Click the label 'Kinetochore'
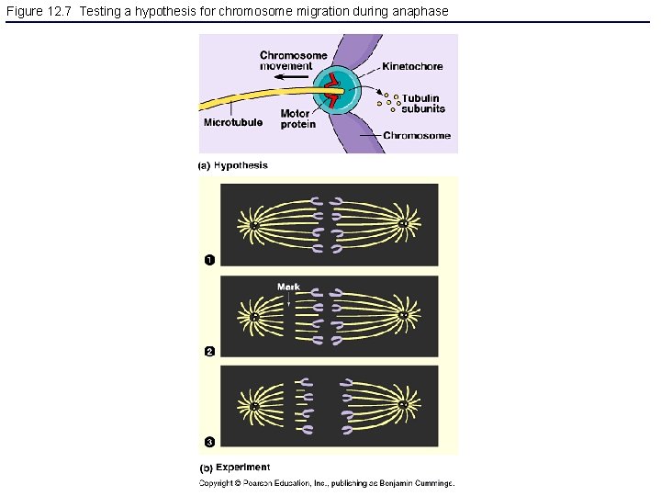click(412, 66)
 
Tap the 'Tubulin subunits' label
click(421, 103)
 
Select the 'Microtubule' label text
click(232, 122)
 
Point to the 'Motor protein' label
click(298, 119)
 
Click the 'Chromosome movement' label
click(293, 61)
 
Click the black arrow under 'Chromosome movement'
click(293, 79)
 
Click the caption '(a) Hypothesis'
click(233, 166)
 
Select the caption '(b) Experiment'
click(234, 468)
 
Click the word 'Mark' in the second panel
click(288, 287)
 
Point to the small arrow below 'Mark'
click(288, 299)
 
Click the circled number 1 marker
click(209, 260)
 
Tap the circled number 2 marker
click(209, 351)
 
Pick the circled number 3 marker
click(209, 443)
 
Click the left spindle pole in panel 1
click(253, 224)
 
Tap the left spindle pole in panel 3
click(253, 405)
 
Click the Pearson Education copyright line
click(327, 483)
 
